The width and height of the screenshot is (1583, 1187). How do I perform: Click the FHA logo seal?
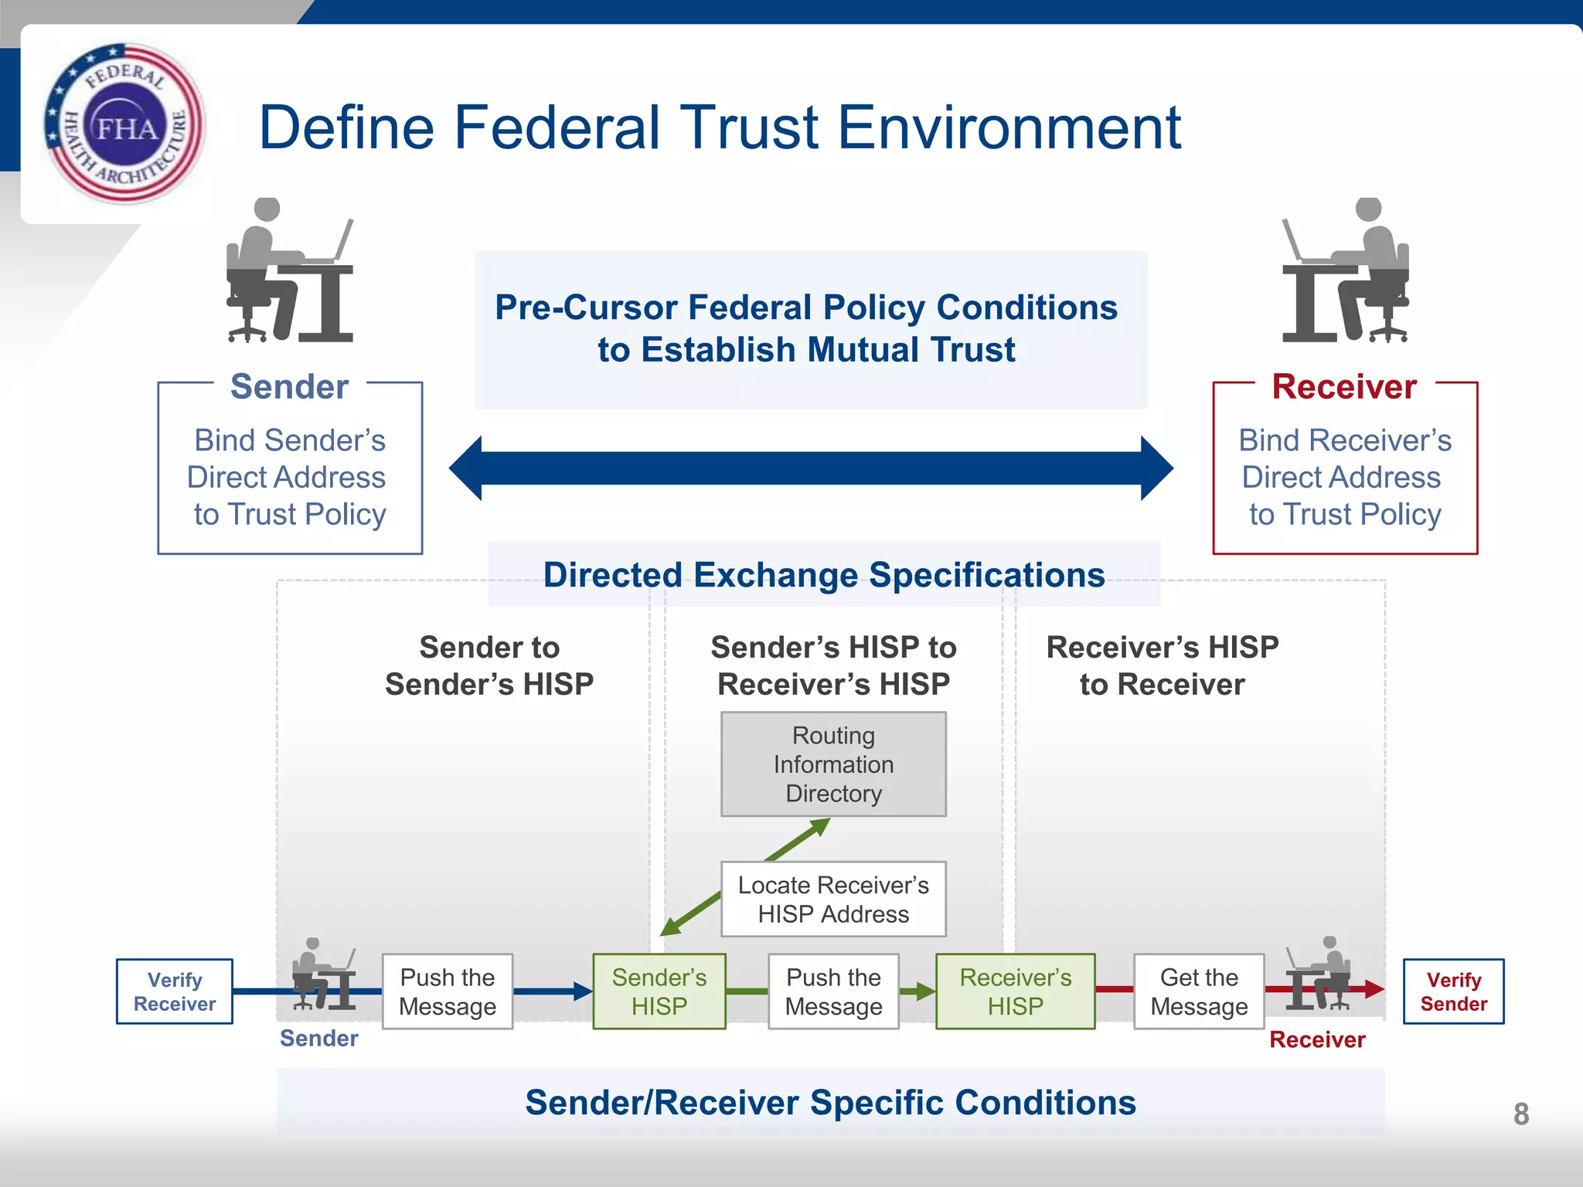click(124, 124)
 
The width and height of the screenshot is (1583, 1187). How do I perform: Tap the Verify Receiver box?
click(175, 991)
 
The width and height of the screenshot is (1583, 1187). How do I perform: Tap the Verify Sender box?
click(1453, 991)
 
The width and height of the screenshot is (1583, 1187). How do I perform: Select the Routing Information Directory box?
click(833, 764)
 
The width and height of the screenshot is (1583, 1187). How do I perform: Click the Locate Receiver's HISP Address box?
click(833, 900)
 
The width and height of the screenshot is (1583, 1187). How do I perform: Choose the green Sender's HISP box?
click(659, 991)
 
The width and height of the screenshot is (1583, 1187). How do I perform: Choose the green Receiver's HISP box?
click(1015, 991)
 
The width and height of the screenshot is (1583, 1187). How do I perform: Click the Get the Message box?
click(1199, 991)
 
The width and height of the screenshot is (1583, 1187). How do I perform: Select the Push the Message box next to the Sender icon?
click(448, 991)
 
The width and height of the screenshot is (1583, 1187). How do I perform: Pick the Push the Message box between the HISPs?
click(833, 991)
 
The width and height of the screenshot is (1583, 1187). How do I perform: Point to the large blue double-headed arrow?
click(811, 468)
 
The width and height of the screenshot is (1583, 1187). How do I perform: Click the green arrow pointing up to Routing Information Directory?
click(800, 839)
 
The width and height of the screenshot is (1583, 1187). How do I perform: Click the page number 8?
click(1520, 1114)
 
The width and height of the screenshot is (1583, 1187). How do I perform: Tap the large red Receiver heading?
click(1344, 386)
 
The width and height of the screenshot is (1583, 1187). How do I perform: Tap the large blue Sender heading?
click(290, 386)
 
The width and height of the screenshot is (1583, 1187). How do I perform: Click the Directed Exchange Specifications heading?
click(824, 575)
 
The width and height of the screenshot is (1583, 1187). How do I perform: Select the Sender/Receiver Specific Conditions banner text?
click(830, 1103)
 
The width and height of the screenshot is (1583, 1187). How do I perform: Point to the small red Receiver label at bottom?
click(1317, 1040)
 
